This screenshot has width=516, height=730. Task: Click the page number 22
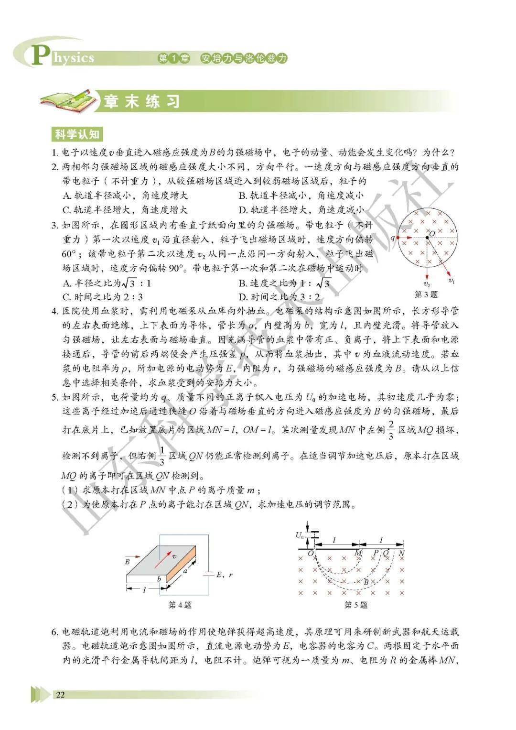[x=60, y=695]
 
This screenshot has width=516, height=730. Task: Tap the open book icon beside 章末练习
[x=67, y=98]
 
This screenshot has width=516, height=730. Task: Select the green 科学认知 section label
[x=76, y=134]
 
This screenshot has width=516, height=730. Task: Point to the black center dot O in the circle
[x=427, y=237]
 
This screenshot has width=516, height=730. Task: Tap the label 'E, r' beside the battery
[x=224, y=575]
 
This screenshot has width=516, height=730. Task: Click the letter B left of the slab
[x=128, y=562]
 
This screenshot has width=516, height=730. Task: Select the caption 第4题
[x=180, y=605]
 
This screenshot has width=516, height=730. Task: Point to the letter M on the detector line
[x=358, y=553]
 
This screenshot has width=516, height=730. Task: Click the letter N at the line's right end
[x=402, y=553]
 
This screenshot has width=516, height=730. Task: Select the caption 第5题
[x=356, y=605]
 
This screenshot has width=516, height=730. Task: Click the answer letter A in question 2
[x=66, y=195]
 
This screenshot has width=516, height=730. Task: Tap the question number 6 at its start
[x=54, y=632]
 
